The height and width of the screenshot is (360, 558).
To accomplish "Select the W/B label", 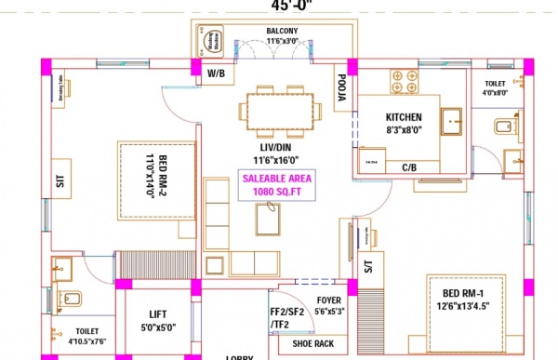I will [x=215, y=73].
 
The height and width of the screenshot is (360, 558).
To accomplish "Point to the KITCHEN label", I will [x=405, y=117].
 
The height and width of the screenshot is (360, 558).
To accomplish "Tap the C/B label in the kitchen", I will [x=408, y=167].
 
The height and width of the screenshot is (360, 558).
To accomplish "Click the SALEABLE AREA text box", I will [x=278, y=185].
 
